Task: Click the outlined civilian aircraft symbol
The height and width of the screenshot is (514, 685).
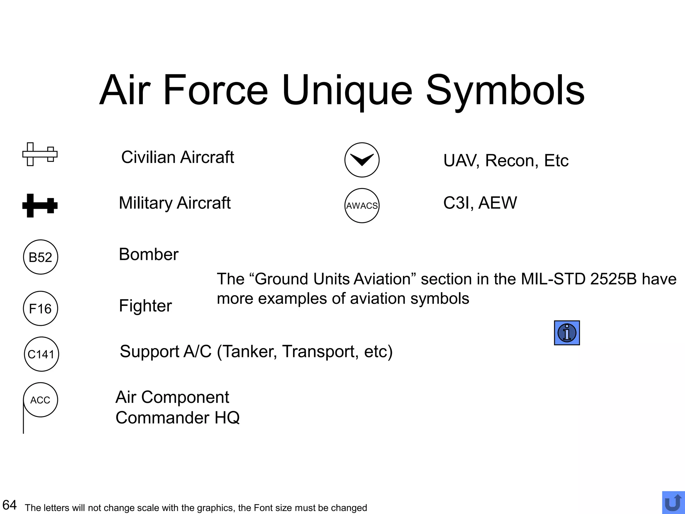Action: pos(40,154)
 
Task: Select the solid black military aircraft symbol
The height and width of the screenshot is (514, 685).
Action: pos(40,205)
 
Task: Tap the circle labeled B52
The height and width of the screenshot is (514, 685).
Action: pos(40,257)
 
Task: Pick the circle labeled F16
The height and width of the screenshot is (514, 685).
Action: pos(40,308)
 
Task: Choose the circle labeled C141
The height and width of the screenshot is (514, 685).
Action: pos(41,354)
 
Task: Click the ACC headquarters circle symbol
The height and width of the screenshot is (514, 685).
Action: pos(40,400)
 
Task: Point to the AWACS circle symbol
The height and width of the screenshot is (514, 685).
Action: pos(362,205)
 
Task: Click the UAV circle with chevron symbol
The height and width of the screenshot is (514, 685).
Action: pos(362,160)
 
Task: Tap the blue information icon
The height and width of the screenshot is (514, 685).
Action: pos(567,333)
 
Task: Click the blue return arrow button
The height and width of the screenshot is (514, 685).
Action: pos(673,503)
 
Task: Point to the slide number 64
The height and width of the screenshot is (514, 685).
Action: pos(9,505)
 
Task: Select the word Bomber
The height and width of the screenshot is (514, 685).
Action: pos(149,254)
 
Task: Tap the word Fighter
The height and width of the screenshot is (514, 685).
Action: pos(145,306)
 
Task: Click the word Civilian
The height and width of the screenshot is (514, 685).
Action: pos(148,157)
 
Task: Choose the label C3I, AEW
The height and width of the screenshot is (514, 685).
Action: pos(480,203)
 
